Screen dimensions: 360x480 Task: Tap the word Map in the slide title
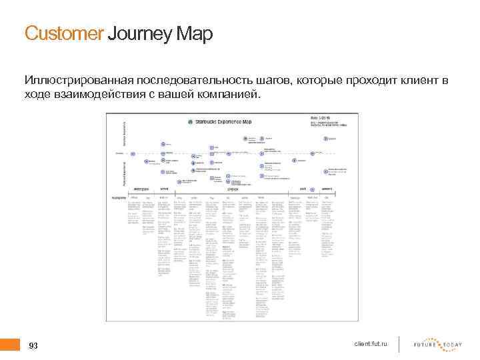pos(195,33)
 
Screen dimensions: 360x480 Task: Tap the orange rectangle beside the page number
pos(10,345)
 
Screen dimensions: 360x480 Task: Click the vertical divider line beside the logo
pos(399,343)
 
